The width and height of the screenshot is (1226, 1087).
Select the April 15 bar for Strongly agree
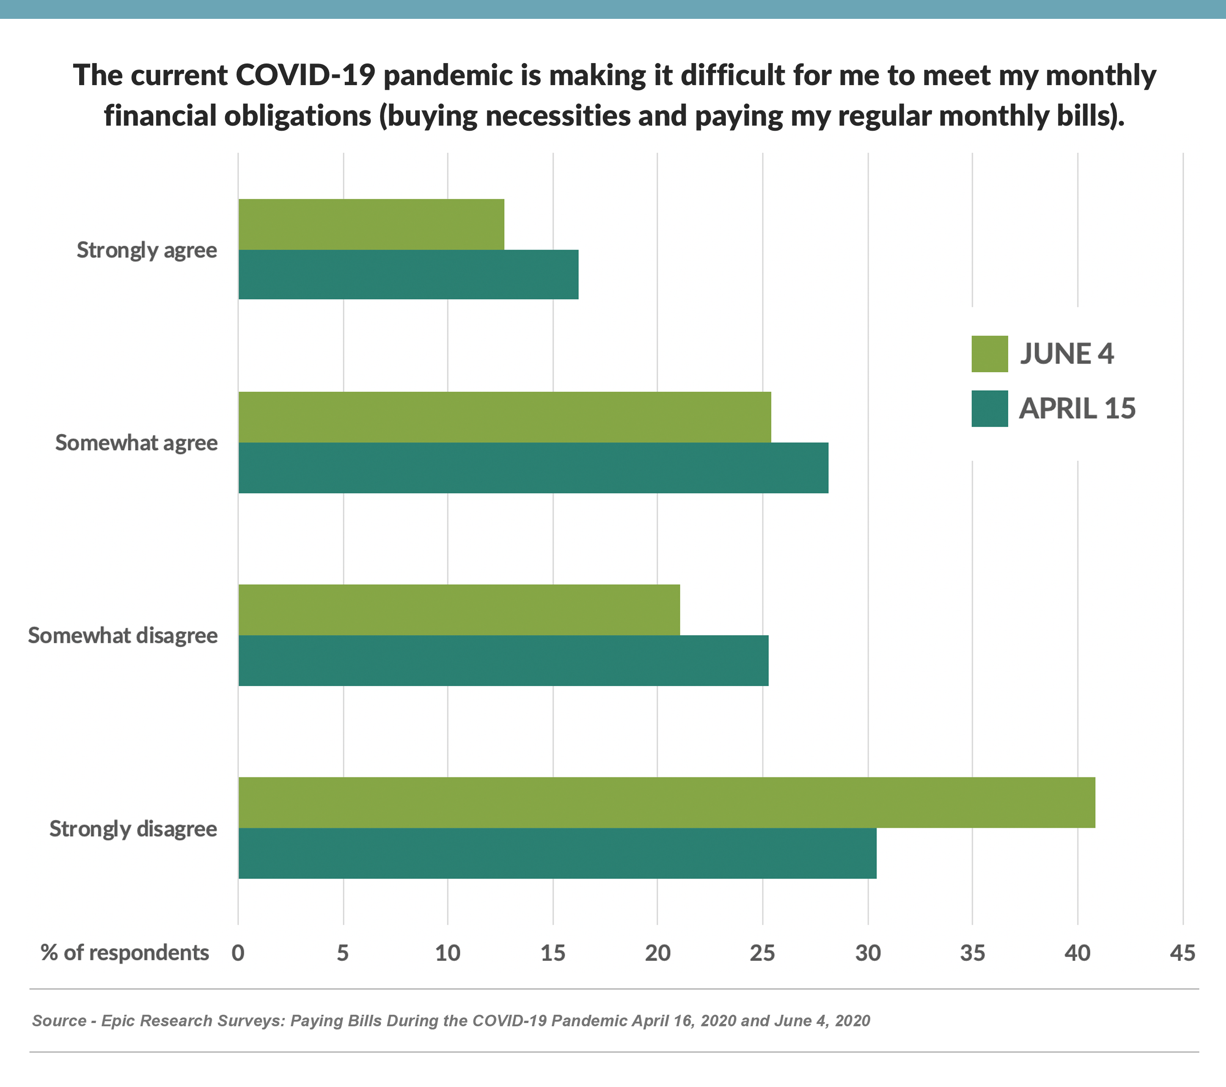coord(409,274)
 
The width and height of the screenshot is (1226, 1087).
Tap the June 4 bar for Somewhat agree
coord(504,417)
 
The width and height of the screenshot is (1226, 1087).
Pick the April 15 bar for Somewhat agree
coord(533,468)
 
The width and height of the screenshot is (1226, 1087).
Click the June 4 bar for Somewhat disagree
coord(459,609)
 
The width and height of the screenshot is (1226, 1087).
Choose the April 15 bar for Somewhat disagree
coord(503,660)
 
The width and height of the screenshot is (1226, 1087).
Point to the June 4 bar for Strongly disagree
coord(666,803)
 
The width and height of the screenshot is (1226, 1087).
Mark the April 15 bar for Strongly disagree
coord(557,853)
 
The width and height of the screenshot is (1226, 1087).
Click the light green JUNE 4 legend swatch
coord(989,354)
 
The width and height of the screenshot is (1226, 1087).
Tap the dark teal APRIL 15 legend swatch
coord(989,409)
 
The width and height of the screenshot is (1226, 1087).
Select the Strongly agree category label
coord(147,250)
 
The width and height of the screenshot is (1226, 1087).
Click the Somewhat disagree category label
coord(123,635)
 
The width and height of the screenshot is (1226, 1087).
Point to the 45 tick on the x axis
coord(1182,953)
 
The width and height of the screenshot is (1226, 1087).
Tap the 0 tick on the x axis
coord(238,953)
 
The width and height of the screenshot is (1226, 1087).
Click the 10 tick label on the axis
coord(447,953)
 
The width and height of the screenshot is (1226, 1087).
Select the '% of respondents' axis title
coord(125,953)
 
